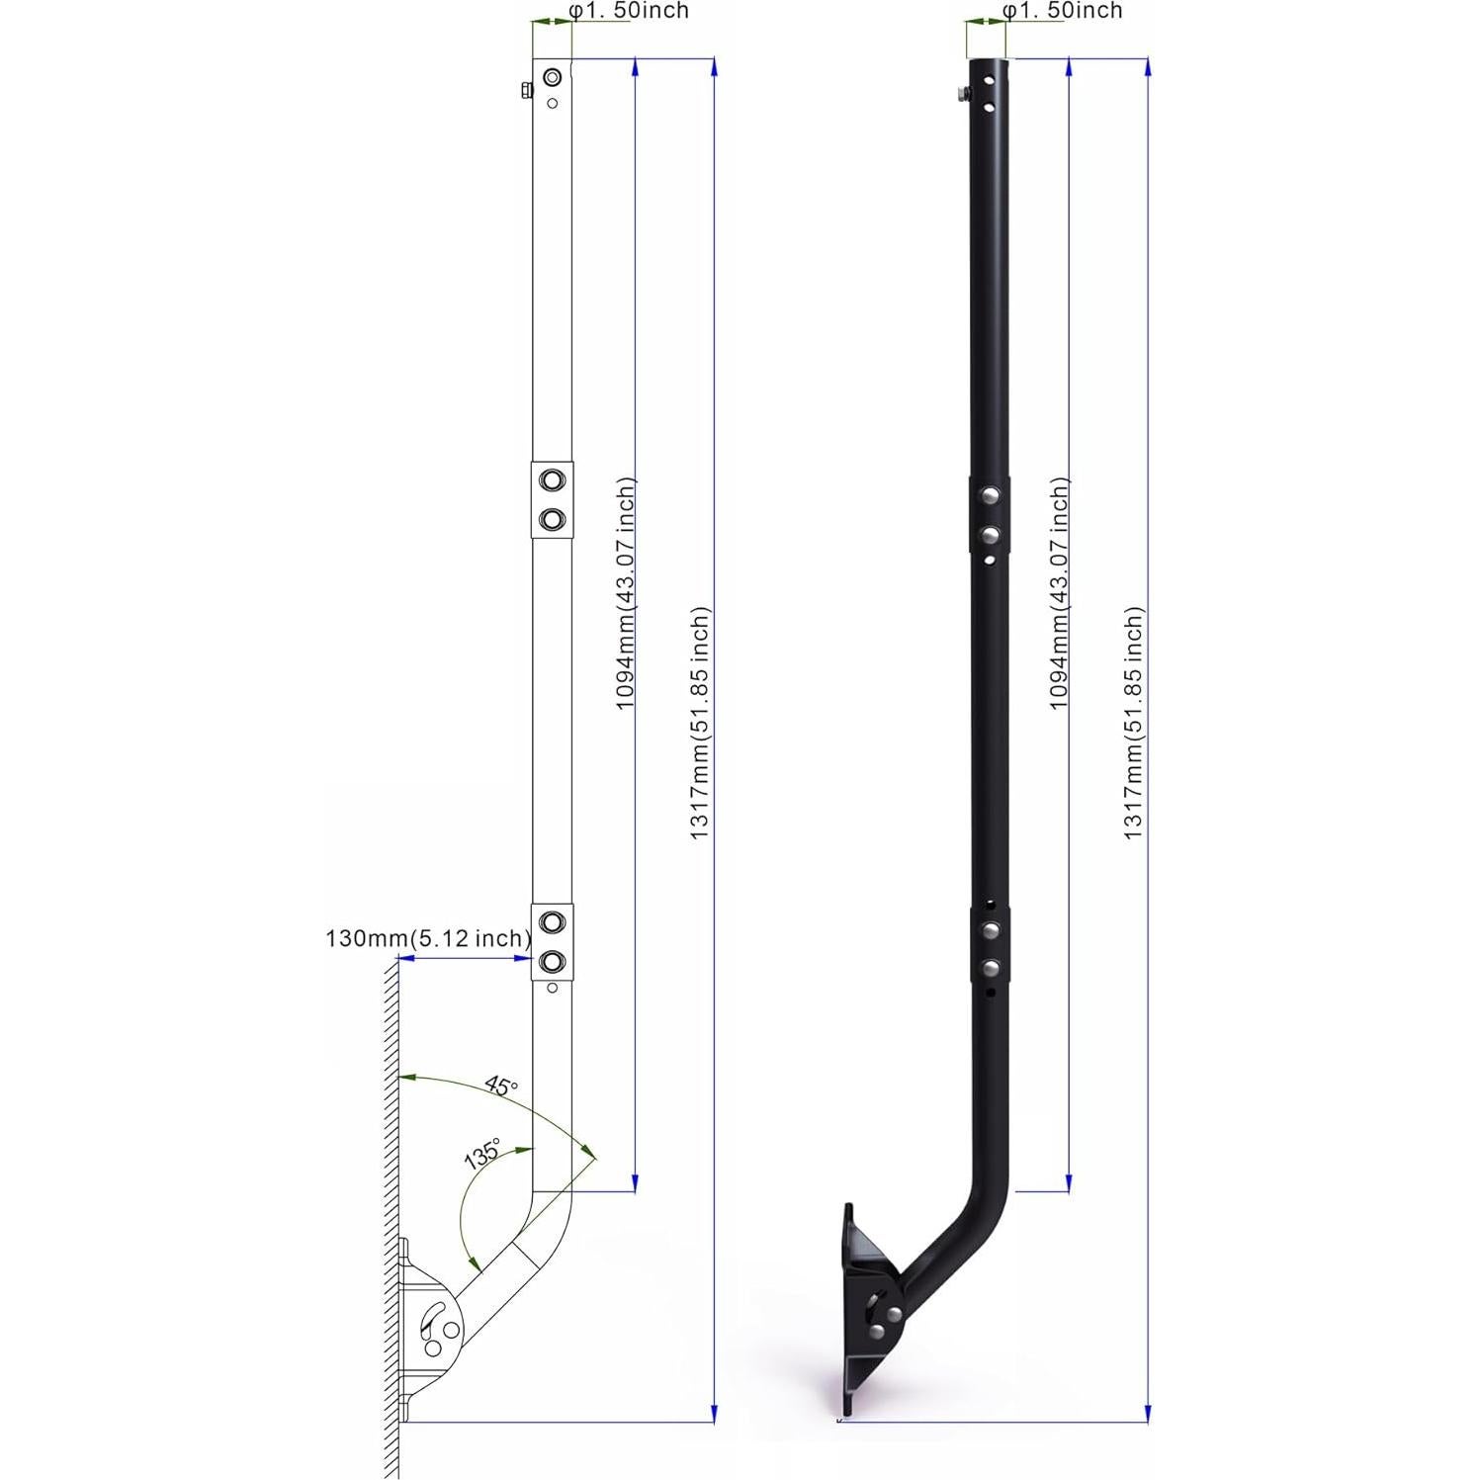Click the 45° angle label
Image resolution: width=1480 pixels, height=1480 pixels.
[x=501, y=1087]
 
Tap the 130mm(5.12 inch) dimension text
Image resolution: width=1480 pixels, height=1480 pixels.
[x=427, y=938]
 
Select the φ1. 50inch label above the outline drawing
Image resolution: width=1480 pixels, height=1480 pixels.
[x=630, y=11]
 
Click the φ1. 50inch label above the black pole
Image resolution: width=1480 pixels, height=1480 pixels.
[x=1063, y=11]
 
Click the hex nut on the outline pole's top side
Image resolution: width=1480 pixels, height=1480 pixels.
[x=526, y=91]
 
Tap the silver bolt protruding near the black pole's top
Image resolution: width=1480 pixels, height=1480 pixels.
[x=961, y=95]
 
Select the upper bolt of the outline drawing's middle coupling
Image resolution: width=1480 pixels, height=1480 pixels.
[x=552, y=480]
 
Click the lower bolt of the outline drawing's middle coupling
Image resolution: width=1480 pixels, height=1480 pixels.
[x=552, y=519]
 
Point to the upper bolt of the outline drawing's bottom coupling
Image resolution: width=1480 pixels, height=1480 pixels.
[x=552, y=922]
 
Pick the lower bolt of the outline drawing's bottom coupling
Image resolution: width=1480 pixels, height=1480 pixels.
[x=552, y=960]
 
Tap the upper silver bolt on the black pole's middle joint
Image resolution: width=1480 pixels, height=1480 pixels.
[x=988, y=494]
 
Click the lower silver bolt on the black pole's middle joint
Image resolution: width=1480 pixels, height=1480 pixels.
[x=988, y=536]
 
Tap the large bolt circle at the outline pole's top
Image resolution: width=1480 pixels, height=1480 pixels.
[x=552, y=77]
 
